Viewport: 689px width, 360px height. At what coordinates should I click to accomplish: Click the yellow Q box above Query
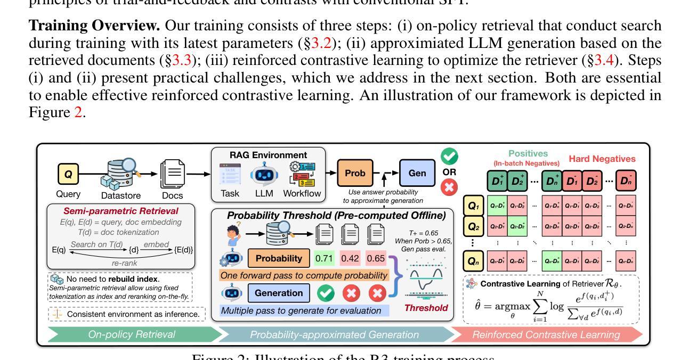pos(68,174)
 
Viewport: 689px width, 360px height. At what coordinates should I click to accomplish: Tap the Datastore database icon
pos(119,172)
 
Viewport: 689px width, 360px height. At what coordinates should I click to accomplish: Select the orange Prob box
pos(355,173)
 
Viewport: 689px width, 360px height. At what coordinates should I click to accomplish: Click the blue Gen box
pos(417,173)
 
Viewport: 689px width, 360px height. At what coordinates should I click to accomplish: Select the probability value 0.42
pos(350,259)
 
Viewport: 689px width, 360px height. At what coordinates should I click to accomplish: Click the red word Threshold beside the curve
pos(426,307)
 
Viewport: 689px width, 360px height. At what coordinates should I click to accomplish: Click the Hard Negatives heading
pos(602,159)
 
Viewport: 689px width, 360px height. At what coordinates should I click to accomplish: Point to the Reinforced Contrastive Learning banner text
pos(546,334)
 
